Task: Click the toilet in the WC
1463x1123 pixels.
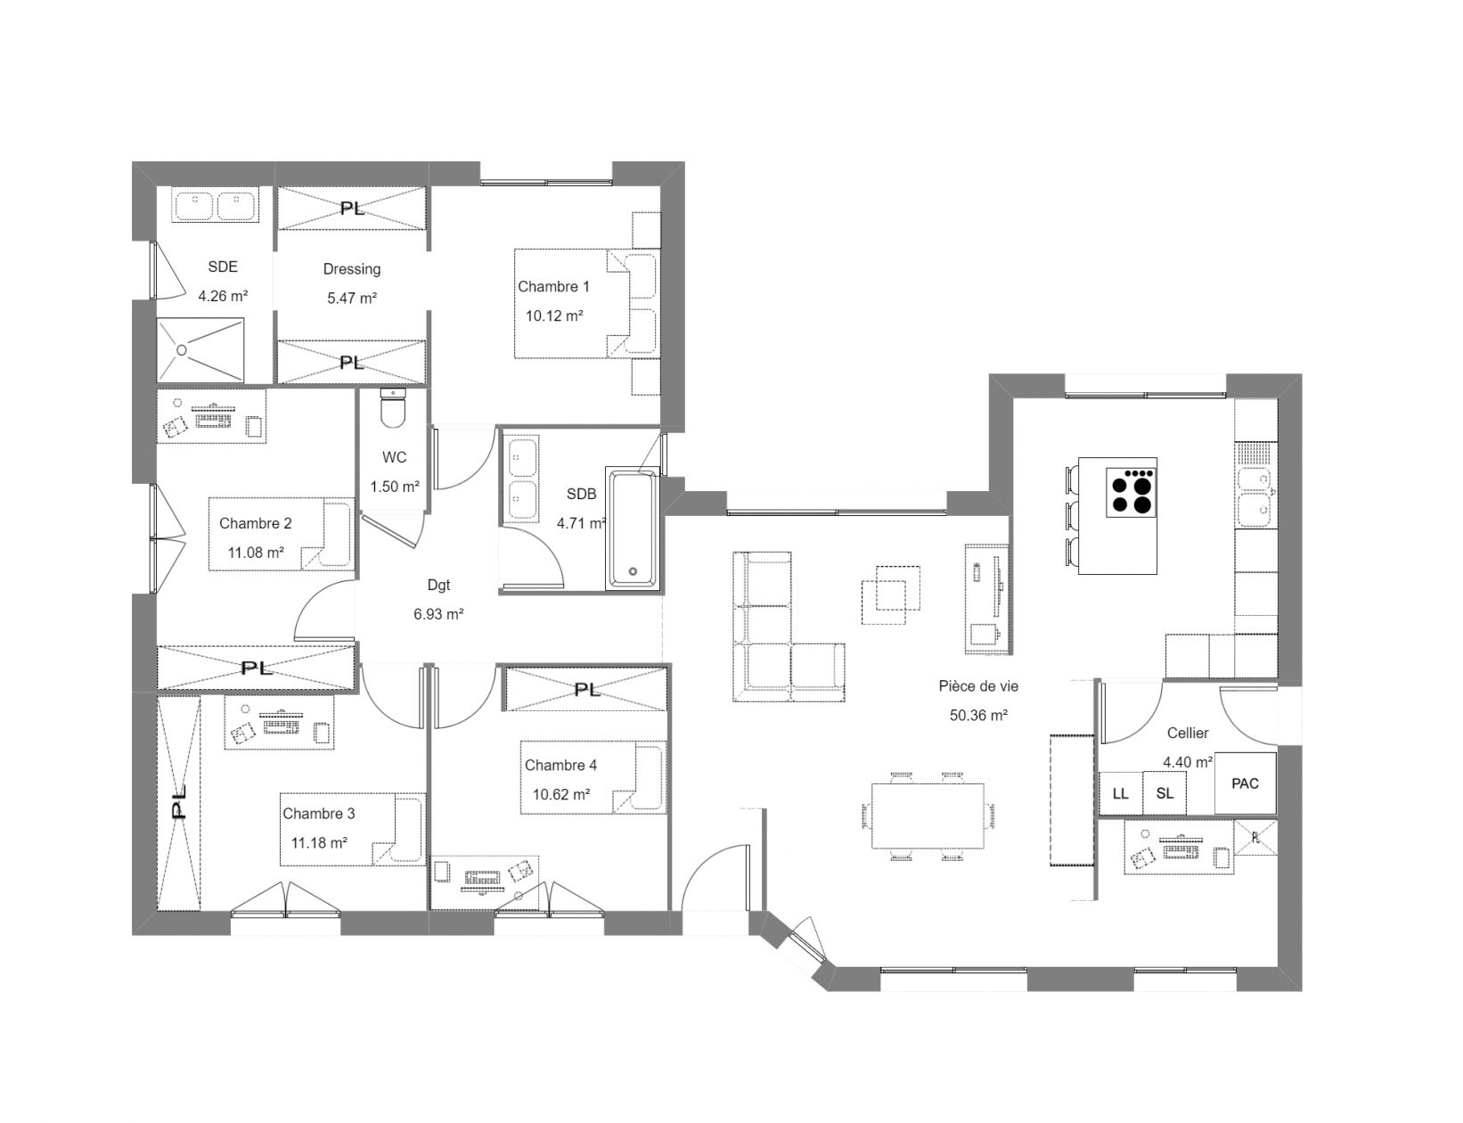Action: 393,408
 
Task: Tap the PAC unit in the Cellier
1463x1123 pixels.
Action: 1245,783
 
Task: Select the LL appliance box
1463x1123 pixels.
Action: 1120,793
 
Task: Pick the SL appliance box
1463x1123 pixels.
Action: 1164,793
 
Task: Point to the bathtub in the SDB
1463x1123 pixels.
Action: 633,528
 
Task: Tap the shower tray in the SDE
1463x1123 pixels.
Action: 200,350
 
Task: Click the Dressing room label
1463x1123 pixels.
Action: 351,269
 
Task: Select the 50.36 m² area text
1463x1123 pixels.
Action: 978,715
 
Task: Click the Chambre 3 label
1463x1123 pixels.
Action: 318,814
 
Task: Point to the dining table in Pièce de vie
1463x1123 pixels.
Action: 928,816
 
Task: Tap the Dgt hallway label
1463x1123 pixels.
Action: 438,585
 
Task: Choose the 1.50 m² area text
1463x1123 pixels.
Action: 395,486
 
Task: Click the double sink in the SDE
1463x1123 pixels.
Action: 215,204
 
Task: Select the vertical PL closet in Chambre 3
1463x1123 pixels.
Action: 179,803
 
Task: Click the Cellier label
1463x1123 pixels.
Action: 1188,733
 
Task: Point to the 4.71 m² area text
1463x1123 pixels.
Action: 581,523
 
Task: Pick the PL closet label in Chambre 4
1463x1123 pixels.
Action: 587,690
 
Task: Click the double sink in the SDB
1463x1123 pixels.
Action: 523,479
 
